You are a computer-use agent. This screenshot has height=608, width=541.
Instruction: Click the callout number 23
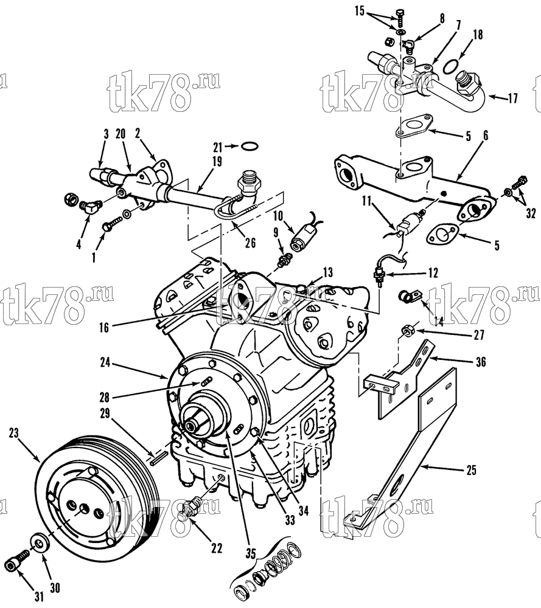13,433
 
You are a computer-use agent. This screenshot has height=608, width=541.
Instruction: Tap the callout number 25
471,471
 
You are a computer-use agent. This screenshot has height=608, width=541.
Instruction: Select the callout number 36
481,362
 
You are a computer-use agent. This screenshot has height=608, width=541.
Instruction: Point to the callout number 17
512,98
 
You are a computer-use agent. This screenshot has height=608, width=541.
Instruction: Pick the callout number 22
217,548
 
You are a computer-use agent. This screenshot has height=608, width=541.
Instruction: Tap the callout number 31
39,596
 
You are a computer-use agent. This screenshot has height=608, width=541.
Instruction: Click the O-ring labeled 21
249,147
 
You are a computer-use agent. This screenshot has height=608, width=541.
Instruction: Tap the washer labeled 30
39,542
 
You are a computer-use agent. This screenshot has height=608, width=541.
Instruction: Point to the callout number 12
433,272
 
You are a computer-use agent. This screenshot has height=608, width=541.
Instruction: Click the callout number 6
486,136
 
